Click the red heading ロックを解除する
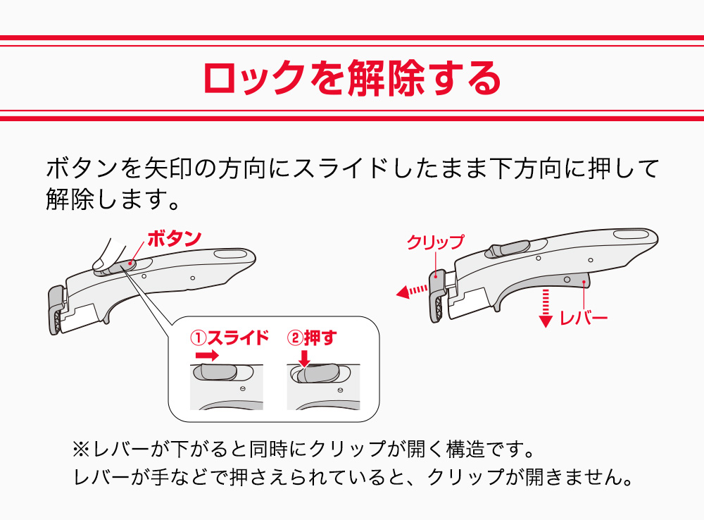coord(351,78)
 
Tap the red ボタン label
coord(174,238)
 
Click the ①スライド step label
coord(230,338)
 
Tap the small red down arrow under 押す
coord(304,359)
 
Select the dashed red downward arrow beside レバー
coord(544,309)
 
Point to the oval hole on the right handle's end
coord(629,234)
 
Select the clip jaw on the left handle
coord(56,310)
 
